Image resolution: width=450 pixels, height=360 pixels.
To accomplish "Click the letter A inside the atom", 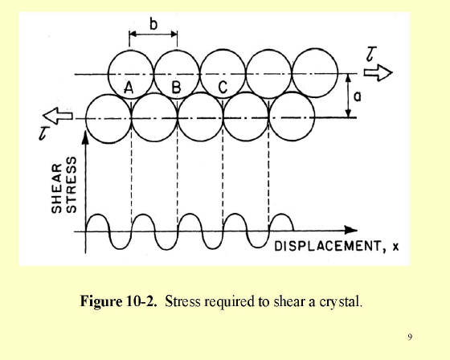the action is pos(129,88).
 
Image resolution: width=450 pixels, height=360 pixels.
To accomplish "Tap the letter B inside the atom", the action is pos(177,88).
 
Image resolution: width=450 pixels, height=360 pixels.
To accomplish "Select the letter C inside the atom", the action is pos(223,88).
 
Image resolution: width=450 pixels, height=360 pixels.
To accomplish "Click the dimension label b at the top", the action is pos(153,24).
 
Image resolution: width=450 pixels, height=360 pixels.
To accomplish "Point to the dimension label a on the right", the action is pos(358,96).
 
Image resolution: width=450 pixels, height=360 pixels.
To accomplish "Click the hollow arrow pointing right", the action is pos(378,72).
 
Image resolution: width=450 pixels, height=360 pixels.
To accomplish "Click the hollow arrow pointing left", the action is pos(57,116).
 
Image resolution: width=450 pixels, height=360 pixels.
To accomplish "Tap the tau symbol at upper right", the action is pos(371,55).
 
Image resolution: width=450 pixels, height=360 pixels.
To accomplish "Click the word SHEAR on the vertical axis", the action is pos(56,188).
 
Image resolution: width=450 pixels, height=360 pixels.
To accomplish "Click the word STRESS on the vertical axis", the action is pos(72,185).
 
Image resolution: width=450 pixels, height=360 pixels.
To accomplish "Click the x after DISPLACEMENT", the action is pos(395,247).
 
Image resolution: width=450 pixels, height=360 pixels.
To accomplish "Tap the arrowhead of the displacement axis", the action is pos(350,230).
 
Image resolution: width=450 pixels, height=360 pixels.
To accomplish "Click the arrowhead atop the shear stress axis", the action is pos(85,137).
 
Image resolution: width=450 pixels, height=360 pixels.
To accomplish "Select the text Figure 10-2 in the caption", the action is pos(119,301).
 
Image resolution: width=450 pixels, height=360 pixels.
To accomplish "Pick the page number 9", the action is pos(410,337).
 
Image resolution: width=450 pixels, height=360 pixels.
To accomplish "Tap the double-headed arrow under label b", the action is pos(153,35).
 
